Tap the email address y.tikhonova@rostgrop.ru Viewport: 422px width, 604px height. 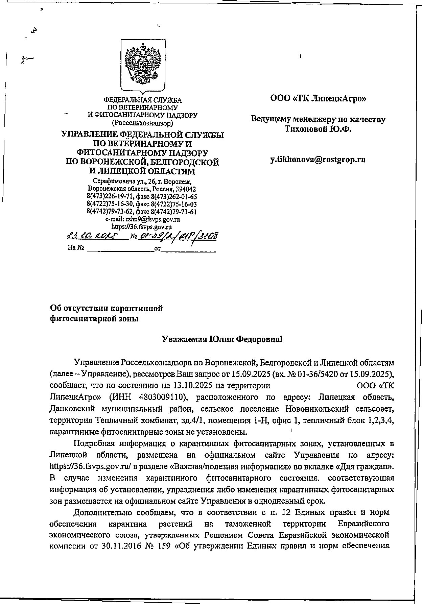318,160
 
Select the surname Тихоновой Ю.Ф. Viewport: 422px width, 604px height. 318,129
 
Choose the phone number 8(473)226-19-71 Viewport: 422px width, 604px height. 108,197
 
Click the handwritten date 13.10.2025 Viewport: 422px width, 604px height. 96,235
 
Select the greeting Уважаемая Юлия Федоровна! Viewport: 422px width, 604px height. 222,339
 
